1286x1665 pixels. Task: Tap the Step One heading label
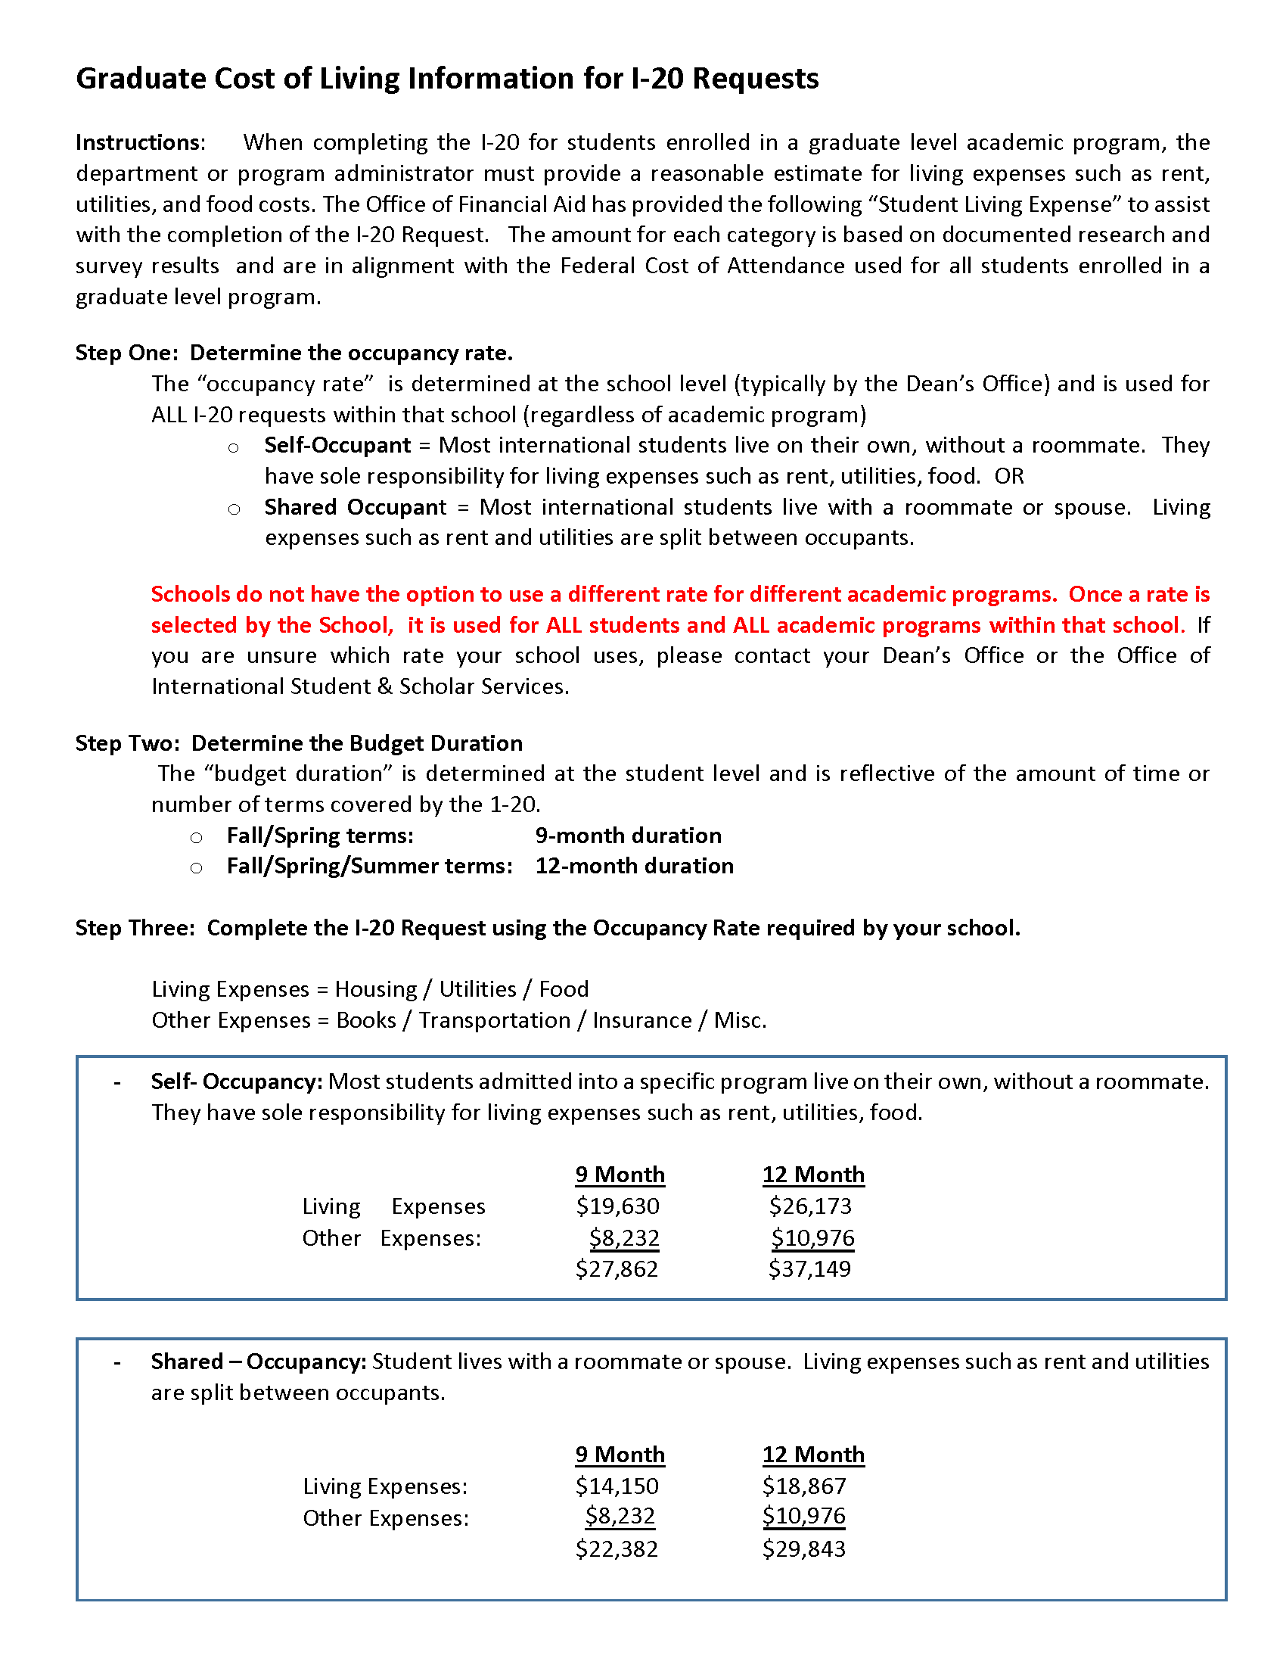click(126, 353)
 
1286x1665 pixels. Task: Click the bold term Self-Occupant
click(337, 445)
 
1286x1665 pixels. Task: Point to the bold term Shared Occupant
click(355, 507)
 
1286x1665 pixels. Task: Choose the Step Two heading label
click(127, 743)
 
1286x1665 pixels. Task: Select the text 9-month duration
click(628, 836)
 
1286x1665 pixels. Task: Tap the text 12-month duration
click(634, 866)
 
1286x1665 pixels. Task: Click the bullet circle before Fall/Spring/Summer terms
click(197, 868)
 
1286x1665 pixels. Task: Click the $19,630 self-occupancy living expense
click(617, 1206)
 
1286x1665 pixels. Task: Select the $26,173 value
click(810, 1206)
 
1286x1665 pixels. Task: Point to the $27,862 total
click(617, 1268)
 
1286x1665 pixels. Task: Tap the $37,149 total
click(809, 1268)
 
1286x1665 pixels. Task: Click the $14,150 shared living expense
click(617, 1486)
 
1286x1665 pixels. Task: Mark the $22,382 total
click(617, 1548)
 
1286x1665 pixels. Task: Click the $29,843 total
click(803, 1548)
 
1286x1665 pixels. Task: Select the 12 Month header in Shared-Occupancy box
click(813, 1455)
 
